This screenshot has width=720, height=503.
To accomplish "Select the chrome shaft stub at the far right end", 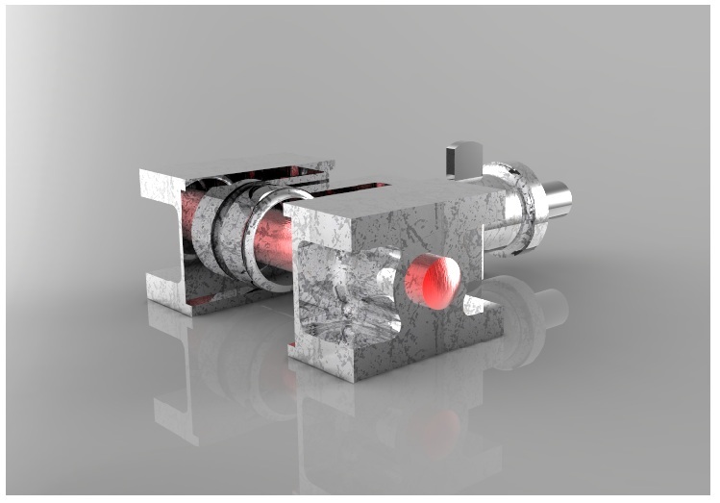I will [x=555, y=200].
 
